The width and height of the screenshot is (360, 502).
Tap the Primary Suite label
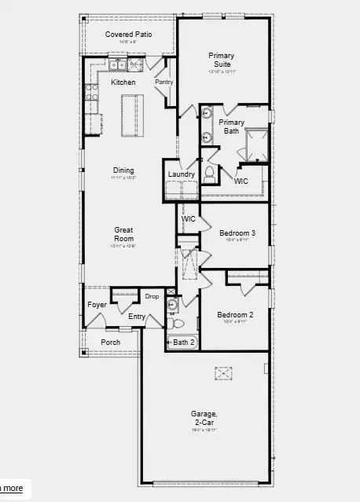tap(221, 60)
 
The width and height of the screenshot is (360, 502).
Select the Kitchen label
tap(123, 82)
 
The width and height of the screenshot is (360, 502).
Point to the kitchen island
tap(131, 115)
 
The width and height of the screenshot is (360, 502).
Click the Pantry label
tap(163, 82)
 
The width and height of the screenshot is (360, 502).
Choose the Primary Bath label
tap(231, 126)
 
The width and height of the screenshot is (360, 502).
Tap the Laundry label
tap(182, 174)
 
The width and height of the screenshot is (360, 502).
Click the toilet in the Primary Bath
tap(210, 173)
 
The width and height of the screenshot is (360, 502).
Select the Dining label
tap(123, 170)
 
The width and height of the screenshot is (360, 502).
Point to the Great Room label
tap(123, 234)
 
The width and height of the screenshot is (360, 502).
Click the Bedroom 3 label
tap(237, 233)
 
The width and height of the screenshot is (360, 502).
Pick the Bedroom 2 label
tap(235, 315)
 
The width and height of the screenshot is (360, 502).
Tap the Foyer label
tap(97, 305)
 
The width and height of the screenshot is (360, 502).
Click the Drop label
tap(152, 296)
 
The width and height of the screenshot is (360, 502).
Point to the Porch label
tap(111, 342)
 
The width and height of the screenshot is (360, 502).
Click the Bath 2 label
tap(183, 342)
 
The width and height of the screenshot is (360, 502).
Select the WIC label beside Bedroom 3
tap(189, 218)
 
